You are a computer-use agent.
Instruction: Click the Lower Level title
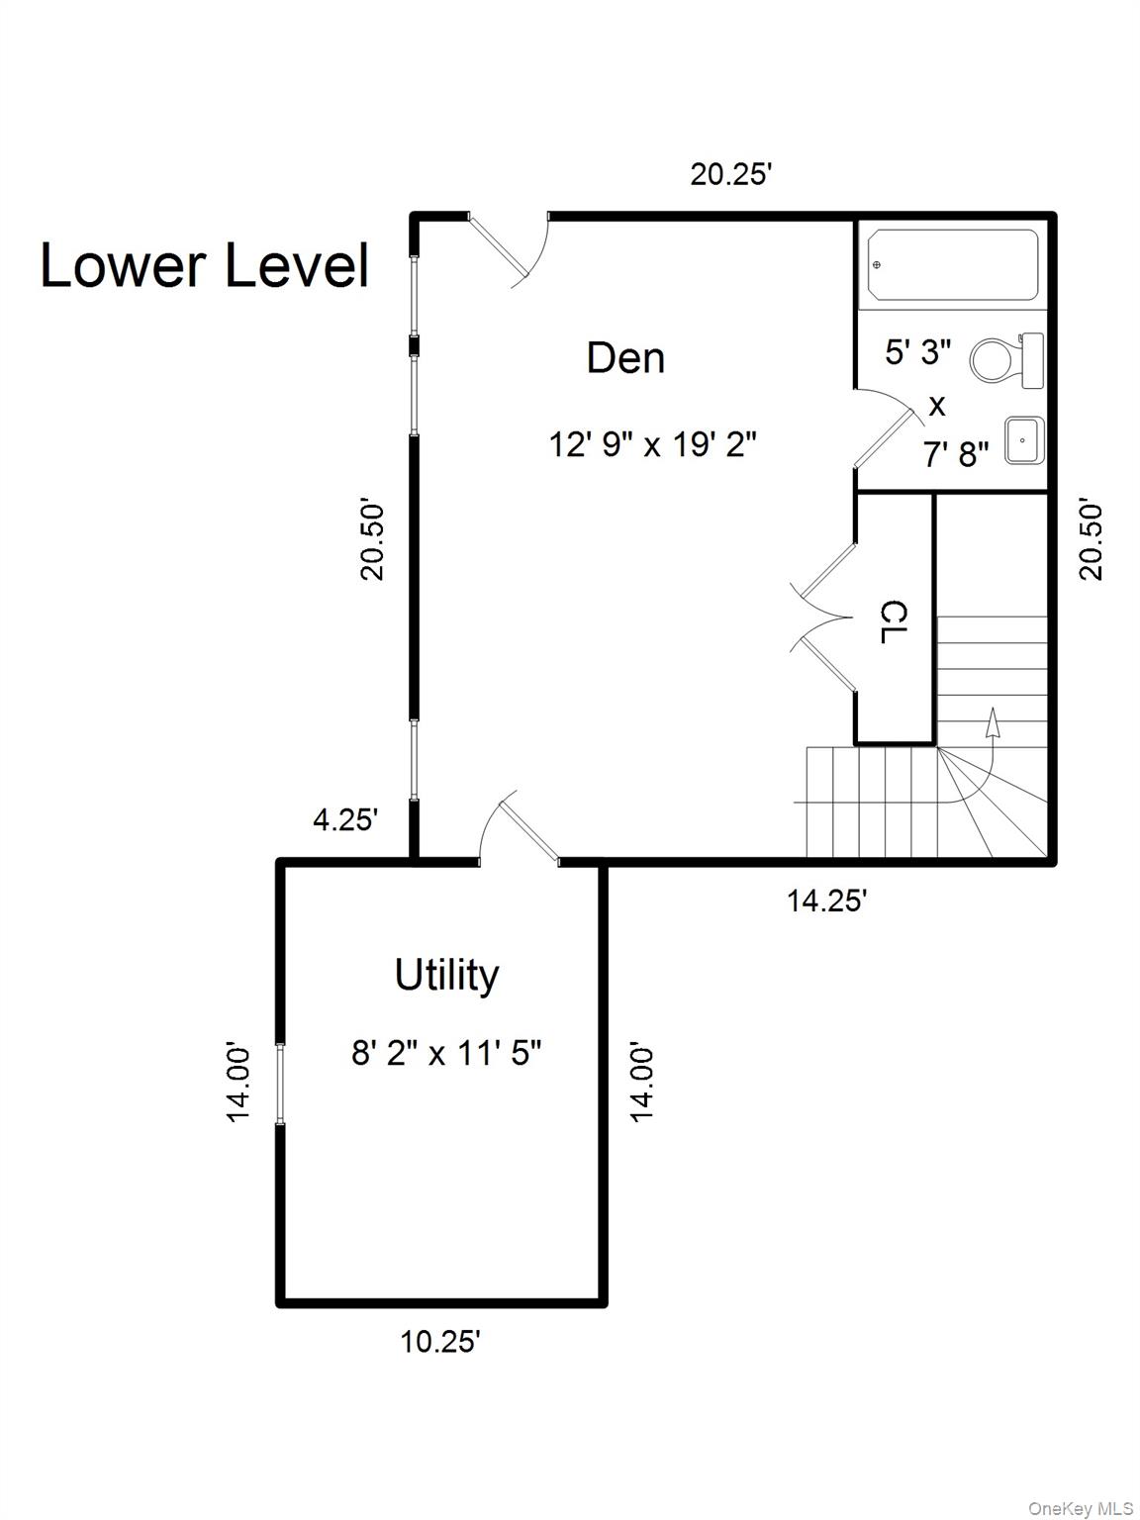click(x=205, y=265)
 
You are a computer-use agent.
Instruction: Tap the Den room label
click(x=625, y=358)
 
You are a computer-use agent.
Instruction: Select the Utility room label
click(x=446, y=976)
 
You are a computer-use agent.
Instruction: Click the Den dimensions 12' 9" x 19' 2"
click(x=653, y=444)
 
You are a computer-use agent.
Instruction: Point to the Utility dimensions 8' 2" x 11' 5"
click(x=446, y=1053)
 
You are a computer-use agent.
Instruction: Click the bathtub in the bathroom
click(x=949, y=265)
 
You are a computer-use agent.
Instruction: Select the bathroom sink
click(x=1023, y=440)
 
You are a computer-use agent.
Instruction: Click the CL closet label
click(x=895, y=621)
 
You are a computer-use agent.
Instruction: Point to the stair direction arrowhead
click(x=993, y=721)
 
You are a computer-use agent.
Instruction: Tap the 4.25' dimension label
click(x=345, y=820)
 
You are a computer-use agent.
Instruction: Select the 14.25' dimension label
click(x=826, y=901)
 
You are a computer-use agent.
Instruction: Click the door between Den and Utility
click(x=520, y=827)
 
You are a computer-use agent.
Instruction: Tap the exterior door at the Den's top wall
click(x=510, y=249)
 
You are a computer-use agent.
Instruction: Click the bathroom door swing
click(x=890, y=429)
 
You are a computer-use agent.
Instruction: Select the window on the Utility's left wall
click(x=280, y=1084)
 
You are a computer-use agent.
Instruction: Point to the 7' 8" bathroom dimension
click(x=956, y=455)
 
